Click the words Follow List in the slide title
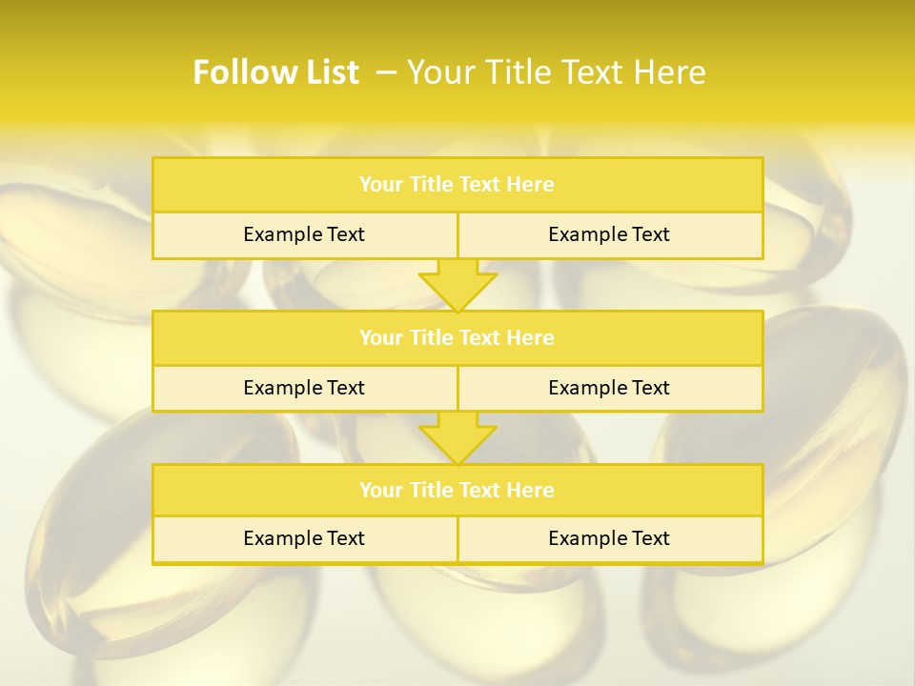(275, 72)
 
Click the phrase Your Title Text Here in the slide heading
(557, 72)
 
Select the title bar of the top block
(457, 185)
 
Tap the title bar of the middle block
(457, 337)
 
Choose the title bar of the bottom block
(457, 490)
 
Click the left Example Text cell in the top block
(304, 234)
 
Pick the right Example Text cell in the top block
(609, 234)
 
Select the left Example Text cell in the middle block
(304, 388)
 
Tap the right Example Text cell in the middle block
(609, 388)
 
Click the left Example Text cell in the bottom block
(304, 538)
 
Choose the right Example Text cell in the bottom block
(609, 538)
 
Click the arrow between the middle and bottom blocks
(457, 437)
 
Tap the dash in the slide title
(386, 72)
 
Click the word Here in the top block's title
(531, 185)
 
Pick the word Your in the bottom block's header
(380, 490)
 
